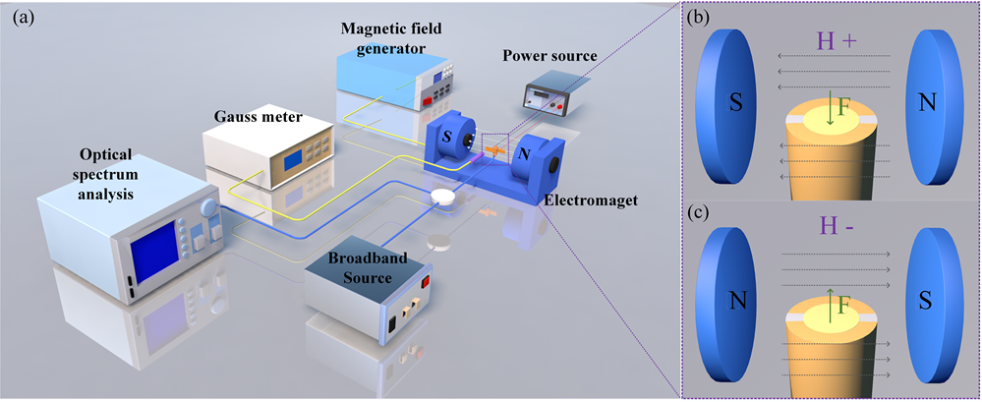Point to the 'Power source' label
(x=549, y=56)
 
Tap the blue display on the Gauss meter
(x=294, y=160)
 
